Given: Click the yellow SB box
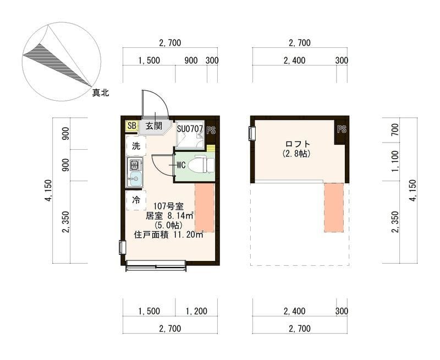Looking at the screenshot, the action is tap(131, 126).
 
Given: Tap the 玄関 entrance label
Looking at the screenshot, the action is tap(154, 126).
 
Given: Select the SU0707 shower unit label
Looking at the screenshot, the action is tap(190, 129).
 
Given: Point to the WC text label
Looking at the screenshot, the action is tap(182, 165).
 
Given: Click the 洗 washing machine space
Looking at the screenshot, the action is tap(136, 146).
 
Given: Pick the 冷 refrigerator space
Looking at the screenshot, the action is tap(136, 200).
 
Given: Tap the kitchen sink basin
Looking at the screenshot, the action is tap(135, 178).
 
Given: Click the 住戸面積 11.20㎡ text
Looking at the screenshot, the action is tap(169, 234).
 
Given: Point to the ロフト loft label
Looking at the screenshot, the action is tap(298, 144).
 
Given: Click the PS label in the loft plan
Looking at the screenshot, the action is tap(342, 129).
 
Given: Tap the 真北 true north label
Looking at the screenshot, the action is tap(101, 92).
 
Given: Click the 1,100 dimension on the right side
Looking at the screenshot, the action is tap(394, 161).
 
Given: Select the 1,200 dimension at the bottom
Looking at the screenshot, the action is tap(196, 311).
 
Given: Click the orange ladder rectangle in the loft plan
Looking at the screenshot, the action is tap(334, 208).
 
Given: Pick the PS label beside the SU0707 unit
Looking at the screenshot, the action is tap(211, 130).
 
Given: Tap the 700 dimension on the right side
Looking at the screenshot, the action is tap(394, 130).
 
